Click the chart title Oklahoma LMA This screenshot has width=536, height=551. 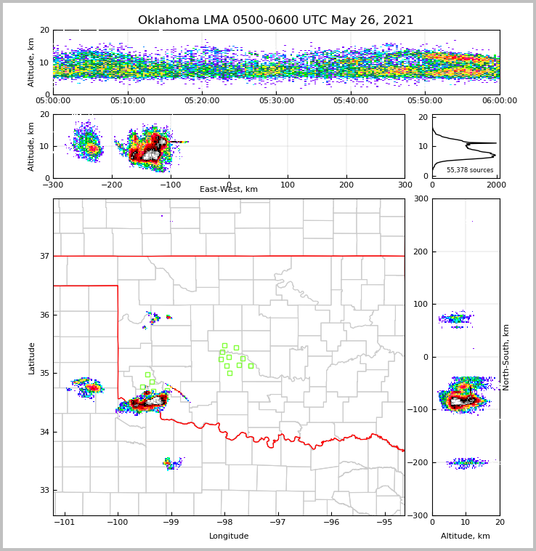(x=275, y=20)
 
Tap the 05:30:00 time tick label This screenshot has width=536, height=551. (x=277, y=101)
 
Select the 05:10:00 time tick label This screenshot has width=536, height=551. (x=128, y=101)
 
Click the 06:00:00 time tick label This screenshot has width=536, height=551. (x=499, y=101)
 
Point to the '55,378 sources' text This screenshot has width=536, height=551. (x=470, y=170)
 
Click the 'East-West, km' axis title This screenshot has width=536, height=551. (x=229, y=190)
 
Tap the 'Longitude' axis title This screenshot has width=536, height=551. (x=229, y=536)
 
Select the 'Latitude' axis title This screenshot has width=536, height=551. (x=31, y=358)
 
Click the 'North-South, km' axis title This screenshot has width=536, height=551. (x=506, y=357)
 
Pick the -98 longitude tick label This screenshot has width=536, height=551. (x=224, y=523)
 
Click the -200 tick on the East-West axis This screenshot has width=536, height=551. (x=111, y=185)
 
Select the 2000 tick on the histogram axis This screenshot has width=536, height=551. (x=496, y=185)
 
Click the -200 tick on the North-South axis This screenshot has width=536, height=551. (x=419, y=463)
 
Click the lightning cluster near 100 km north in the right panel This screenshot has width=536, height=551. (x=455, y=318)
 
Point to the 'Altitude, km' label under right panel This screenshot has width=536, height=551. (x=466, y=536)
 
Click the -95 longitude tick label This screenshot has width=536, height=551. (x=384, y=523)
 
